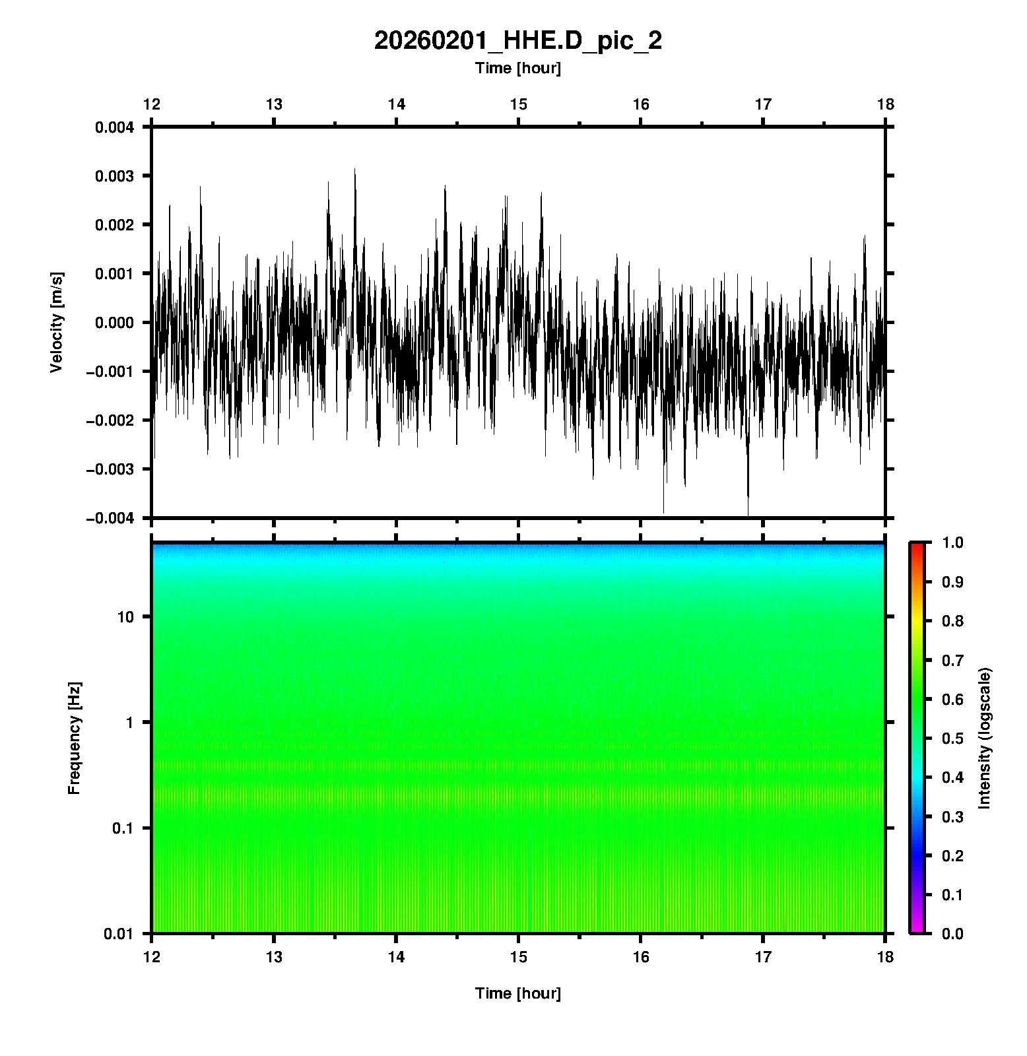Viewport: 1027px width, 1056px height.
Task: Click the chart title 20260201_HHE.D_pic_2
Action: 517,41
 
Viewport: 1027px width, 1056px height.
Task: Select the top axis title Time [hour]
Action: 517,68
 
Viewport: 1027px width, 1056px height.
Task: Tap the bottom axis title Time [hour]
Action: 517,993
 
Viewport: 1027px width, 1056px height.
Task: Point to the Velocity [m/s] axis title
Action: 57,322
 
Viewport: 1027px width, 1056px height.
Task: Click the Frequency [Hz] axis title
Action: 74,738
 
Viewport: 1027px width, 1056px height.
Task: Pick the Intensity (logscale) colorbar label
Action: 985,738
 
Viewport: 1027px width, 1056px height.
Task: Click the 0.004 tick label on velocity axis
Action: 115,127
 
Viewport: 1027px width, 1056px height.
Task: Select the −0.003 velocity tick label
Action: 110,469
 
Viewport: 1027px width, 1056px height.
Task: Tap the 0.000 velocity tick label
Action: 115,323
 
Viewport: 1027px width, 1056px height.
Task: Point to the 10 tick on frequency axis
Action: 125,617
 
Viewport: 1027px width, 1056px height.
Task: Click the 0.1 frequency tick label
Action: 122,828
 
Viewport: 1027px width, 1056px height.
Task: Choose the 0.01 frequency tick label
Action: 119,934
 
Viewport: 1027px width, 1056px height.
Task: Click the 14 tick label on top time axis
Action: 396,104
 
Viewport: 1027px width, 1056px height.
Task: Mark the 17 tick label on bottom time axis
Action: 763,957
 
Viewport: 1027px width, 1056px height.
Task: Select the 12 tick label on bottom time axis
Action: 152,957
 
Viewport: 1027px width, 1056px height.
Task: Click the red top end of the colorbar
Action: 917,546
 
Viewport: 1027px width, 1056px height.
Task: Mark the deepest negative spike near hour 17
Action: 748,513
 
